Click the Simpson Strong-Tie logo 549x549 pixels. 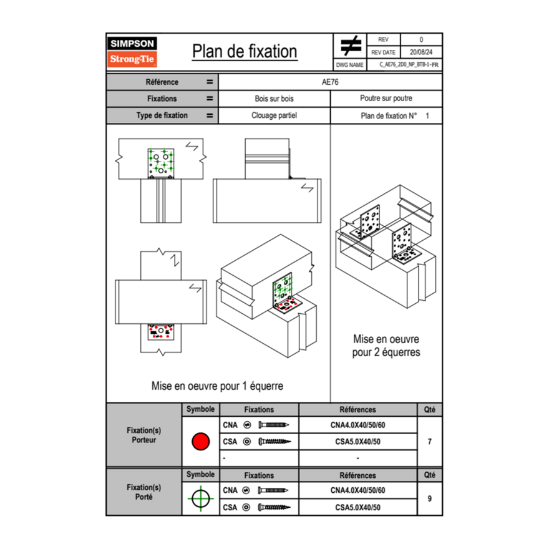point(133,52)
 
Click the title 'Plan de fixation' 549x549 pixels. point(245,52)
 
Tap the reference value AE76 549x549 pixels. point(331,82)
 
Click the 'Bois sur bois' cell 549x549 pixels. point(274,99)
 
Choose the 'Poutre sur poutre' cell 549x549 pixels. point(386,99)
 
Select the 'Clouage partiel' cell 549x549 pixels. point(274,115)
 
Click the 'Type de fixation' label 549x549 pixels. point(162,115)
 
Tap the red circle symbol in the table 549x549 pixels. point(200,442)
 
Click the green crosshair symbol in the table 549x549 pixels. point(200,498)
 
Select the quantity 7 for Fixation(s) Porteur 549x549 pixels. point(429,442)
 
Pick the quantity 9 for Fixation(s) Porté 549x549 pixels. point(429,498)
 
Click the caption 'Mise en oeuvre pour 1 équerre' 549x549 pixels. point(217,386)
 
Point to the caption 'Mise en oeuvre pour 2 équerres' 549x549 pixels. point(386,346)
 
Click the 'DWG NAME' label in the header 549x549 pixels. point(349,64)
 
